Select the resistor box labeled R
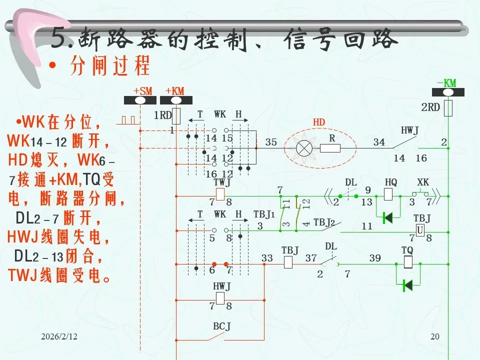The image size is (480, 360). coord(330,148)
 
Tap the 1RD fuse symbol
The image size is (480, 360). coord(176,115)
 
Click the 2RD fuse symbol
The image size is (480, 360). coord(448,107)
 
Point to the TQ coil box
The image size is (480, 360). coord(407,261)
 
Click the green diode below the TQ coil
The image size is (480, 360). coord(407,285)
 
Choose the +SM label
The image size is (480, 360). coord(142,90)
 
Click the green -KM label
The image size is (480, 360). coord(446,83)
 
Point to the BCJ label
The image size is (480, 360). coord(222,326)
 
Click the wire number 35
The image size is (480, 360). coord(271,142)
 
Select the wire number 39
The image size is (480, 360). coord(375,258)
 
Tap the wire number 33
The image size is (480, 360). coord(267,258)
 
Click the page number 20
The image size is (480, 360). coord(434,337)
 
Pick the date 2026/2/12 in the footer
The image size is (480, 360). coord(59,337)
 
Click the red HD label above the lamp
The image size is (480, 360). coord(318,122)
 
